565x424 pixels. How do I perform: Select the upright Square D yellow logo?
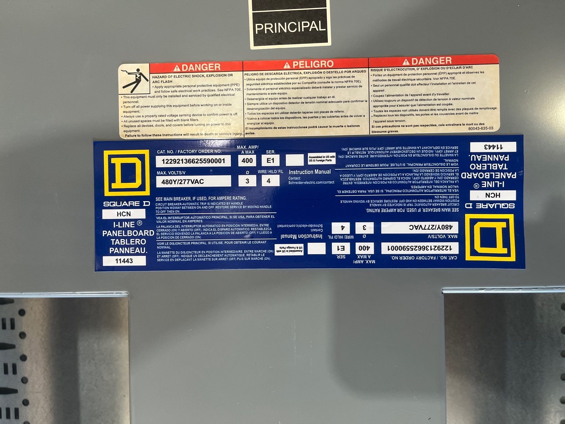[x=127, y=173]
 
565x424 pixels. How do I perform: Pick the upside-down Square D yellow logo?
[x=490, y=237]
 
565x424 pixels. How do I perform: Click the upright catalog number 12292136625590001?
[x=193, y=161]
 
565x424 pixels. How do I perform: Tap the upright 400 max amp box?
[x=247, y=160]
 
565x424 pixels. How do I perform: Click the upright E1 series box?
[x=270, y=160]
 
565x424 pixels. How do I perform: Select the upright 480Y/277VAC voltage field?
[x=193, y=181]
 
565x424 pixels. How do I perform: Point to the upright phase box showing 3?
[x=247, y=181]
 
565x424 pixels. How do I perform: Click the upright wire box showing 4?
[x=268, y=181]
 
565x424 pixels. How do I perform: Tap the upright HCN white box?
[x=124, y=214]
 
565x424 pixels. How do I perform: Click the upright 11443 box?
[x=124, y=261]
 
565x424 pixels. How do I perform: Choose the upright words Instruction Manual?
[x=310, y=172]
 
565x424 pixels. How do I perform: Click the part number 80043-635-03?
[x=481, y=128]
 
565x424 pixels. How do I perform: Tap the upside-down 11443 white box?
[x=493, y=147]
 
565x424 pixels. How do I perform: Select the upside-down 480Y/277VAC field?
[x=420, y=227]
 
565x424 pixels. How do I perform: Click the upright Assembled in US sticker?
[x=322, y=159]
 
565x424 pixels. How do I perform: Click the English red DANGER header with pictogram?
[x=196, y=67]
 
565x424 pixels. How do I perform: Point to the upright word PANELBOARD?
[x=128, y=233]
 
